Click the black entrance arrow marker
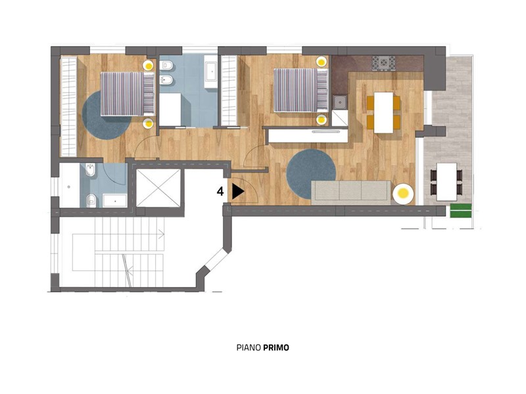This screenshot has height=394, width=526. point(238,191)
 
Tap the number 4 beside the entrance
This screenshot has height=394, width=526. point(220,192)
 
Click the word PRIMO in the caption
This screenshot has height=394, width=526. point(275,348)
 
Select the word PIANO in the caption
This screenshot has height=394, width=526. point(249,348)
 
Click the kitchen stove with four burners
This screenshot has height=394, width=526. point(383,63)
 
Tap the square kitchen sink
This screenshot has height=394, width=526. point(340,102)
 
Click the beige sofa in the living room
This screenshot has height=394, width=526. point(351,192)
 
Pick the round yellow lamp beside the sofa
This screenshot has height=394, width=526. point(403,194)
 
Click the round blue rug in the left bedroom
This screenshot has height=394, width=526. point(107,115)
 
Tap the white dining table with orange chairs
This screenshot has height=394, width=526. point(383,112)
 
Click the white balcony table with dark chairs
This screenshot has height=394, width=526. point(446,182)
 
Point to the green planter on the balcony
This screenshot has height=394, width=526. point(461,210)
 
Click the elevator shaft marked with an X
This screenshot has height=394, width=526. point(158,188)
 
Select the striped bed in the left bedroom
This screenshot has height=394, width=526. point(128,94)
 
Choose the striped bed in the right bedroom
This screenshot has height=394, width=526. point(301,90)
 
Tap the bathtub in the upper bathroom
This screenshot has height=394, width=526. point(211,72)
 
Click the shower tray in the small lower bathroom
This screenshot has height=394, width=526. point(70,185)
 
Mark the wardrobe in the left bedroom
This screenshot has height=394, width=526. point(68,106)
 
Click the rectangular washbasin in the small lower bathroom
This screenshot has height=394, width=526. point(115,201)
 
